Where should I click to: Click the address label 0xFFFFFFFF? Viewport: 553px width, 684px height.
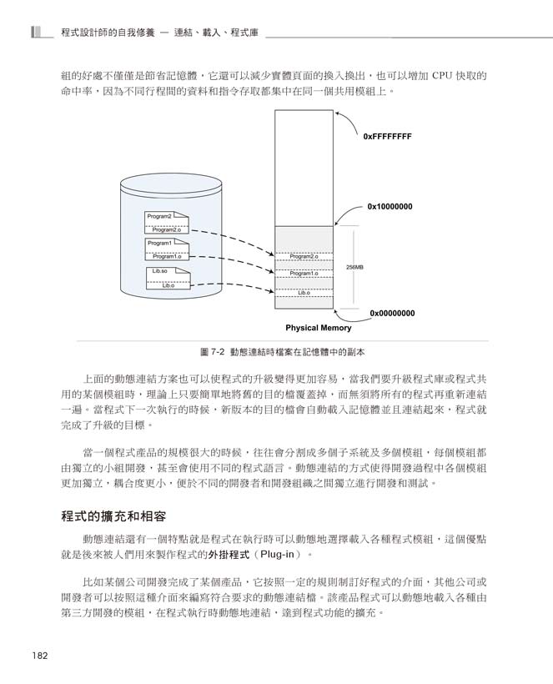pos(387,135)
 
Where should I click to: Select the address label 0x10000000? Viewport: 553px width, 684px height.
pos(390,206)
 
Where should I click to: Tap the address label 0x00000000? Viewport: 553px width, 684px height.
pos(392,313)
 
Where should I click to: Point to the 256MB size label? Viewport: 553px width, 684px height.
pos(354,267)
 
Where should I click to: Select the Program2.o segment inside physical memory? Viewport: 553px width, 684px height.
pos(304,256)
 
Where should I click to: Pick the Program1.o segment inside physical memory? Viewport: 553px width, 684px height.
pos(304,274)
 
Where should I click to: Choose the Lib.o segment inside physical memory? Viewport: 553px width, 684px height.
pos(304,293)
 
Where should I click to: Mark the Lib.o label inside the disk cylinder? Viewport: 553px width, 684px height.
pos(168,285)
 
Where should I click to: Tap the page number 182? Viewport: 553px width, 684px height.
pos(38,655)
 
